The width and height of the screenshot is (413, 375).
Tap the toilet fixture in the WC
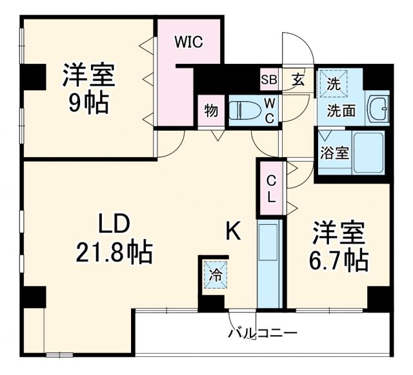tap(246, 110)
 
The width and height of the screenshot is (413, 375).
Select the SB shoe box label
tap(268, 81)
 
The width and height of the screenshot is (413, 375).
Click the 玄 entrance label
tap(298, 81)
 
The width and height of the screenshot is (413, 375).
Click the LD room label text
tap(114, 224)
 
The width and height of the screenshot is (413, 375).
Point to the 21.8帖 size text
tap(114, 253)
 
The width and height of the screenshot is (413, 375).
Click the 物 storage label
tap(211, 111)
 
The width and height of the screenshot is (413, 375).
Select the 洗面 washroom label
tap(340, 110)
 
